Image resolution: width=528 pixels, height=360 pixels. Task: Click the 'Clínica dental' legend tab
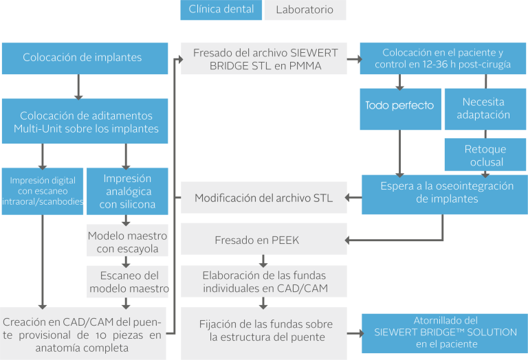(221, 10)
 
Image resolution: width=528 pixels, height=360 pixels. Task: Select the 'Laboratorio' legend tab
(305, 10)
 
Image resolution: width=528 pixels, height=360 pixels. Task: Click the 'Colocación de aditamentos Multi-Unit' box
(85, 122)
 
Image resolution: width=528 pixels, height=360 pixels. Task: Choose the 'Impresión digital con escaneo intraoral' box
(43, 191)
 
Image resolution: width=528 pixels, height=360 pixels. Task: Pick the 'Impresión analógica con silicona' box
(127, 191)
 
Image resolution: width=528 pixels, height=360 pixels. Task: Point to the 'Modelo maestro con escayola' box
(128, 242)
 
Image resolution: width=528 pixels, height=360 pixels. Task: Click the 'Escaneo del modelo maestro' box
(128, 281)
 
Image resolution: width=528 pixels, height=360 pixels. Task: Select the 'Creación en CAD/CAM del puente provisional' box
(82, 333)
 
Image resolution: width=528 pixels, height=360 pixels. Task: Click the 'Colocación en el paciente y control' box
(443, 58)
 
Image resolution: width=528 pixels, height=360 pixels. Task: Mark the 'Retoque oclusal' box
(485, 155)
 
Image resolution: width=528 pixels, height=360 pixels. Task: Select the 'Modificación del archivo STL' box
(263, 198)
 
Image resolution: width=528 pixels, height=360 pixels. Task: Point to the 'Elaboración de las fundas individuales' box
(263, 281)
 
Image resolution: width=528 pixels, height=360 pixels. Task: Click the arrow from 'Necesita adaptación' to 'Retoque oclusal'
(485, 135)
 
